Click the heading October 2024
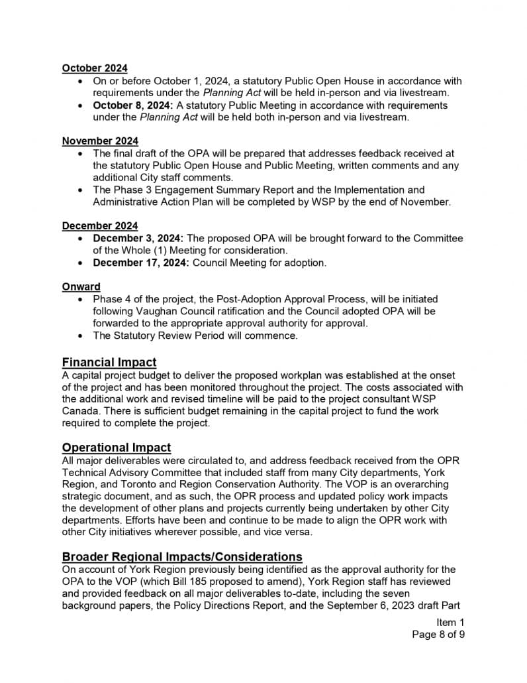click(95, 68)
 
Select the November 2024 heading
click(100, 141)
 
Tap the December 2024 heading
click(100, 226)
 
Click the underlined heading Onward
click(81, 286)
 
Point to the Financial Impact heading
click(109, 362)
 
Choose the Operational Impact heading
click(117, 448)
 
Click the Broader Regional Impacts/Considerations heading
click(182, 556)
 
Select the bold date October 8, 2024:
click(132, 105)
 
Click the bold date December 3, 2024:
click(138, 238)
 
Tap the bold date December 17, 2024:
click(140, 263)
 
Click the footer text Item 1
click(450, 622)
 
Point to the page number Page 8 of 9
click(438, 635)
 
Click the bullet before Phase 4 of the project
click(80, 300)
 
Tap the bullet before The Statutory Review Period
click(80, 336)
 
